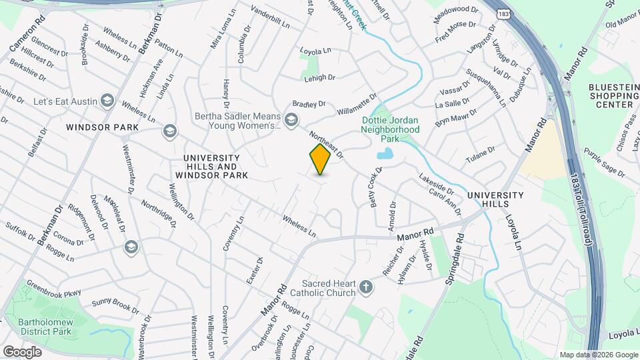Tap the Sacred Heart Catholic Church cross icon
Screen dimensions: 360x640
(365, 287)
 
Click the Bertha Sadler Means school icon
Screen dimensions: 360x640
(291, 120)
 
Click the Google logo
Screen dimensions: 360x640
(22, 351)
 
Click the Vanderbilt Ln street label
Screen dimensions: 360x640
(271, 17)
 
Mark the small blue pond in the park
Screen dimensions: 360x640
(385, 155)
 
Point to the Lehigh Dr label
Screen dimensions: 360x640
(319, 78)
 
